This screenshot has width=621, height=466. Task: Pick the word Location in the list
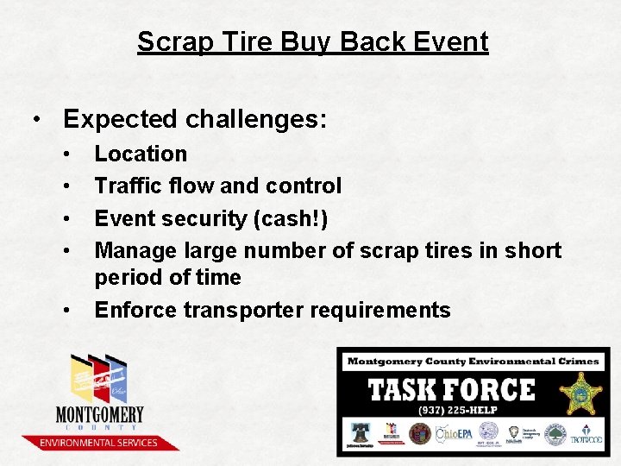tap(141, 154)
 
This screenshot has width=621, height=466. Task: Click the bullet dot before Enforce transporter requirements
tap(66, 311)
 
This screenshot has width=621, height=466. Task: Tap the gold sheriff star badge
tap(580, 394)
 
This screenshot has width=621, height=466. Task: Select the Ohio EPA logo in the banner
tap(452, 434)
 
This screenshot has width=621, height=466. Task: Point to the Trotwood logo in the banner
tap(586, 435)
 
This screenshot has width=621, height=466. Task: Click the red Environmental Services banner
tap(97, 443)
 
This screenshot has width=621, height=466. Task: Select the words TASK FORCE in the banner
tap(452, 390)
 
